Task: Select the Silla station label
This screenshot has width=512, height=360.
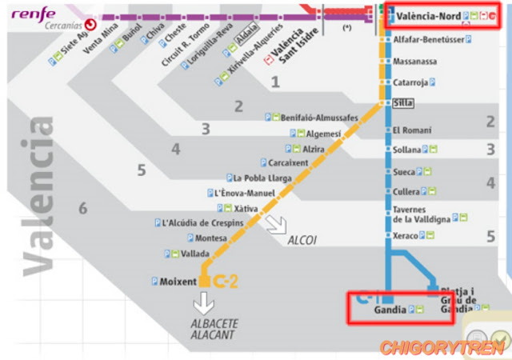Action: point(402,103)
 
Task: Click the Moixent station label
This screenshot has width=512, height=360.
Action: point(178,282)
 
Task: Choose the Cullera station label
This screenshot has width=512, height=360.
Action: point(406,192)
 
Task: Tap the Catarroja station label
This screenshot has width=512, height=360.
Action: point(410,82)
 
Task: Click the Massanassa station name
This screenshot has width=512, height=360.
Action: point(414,61)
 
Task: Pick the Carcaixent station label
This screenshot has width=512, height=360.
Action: point(290,163)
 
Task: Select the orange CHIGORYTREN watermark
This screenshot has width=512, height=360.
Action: point(442,347)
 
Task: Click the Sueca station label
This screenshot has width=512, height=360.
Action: point(404,171)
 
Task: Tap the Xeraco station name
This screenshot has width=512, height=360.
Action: point(406,236)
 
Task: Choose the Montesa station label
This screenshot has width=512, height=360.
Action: point(211,238)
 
